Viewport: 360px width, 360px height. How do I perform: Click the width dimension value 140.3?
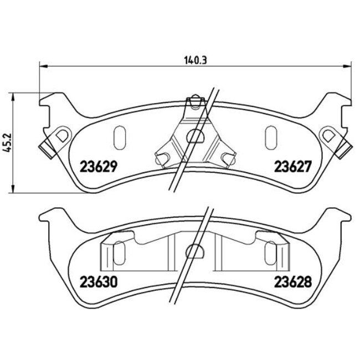click(x=194, y=60)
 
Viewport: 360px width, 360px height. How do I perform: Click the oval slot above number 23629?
click(x=118, y=135)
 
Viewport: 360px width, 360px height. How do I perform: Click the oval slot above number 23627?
click(x=271, y=135)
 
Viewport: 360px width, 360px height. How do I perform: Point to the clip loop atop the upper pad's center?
click(x=193, y=102)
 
